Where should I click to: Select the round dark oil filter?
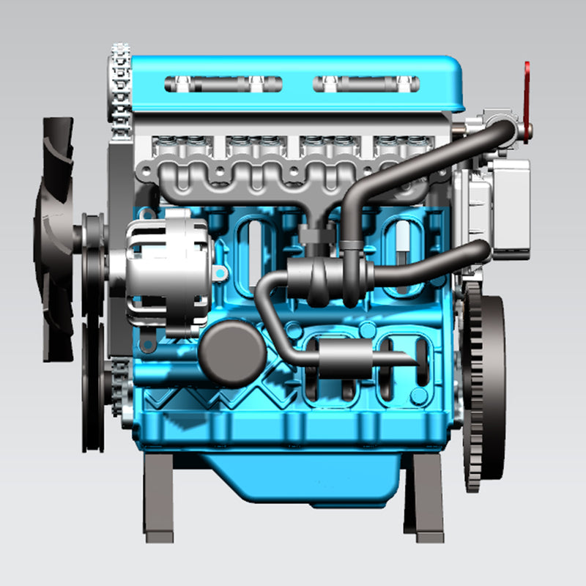(x=231, y=355)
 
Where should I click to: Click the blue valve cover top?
(x=293, y=66)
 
